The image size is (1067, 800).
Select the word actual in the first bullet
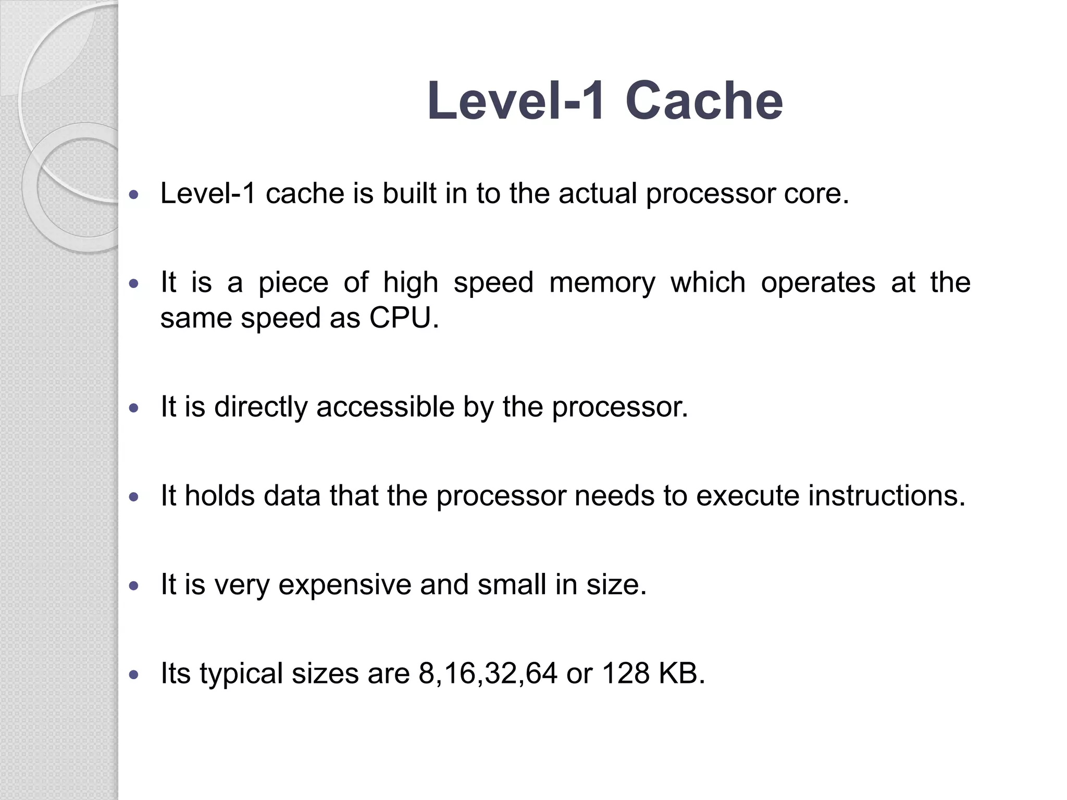[x=598, y=194]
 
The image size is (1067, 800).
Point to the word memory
[x=602, y=283]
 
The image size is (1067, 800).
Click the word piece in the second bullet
[x=293, y=283]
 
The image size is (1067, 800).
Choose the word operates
[x=818, y=283]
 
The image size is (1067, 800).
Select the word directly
[x=260, y=407]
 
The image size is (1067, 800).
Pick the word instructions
[x=887, y=495]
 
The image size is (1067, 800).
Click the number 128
[x=626, y=673]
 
